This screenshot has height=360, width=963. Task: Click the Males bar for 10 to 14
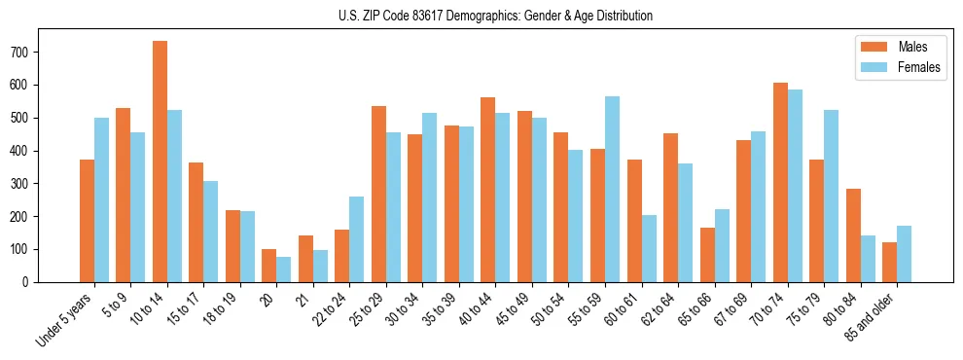click(x=160, y=162)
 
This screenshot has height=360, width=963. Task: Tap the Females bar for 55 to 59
click(x=612, y=189)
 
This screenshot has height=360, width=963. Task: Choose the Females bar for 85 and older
click(x=904, y=254)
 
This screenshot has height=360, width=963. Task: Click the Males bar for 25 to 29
click(x=378, y=194)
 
